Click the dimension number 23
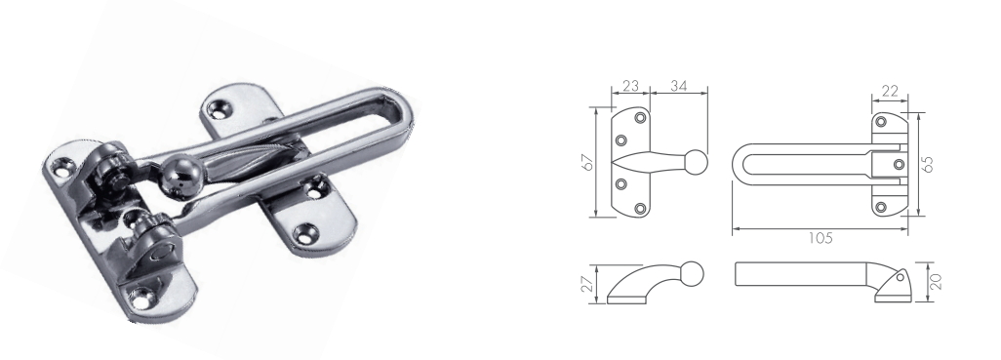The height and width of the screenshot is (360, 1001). [630, 86]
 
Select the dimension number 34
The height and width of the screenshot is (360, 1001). [679, 86]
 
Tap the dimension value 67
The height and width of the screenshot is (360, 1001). [588, 162]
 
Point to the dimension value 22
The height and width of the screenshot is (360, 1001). [889, 92]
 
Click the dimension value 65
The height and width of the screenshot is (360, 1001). [928, 163]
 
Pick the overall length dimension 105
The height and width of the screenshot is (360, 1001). [821, 238]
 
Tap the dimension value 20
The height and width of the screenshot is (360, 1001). [936, 281]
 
